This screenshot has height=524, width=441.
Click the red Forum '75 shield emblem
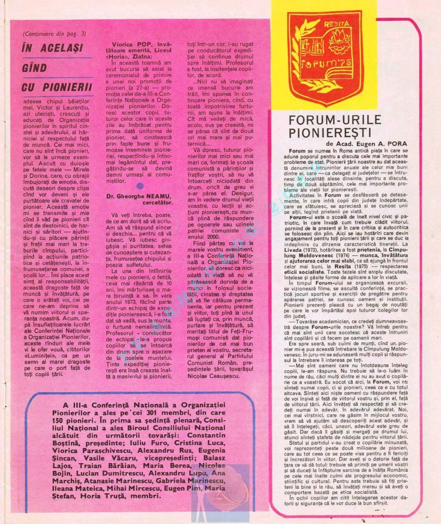tap(325, 56)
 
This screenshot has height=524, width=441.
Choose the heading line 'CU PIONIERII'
tap(57, 88)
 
